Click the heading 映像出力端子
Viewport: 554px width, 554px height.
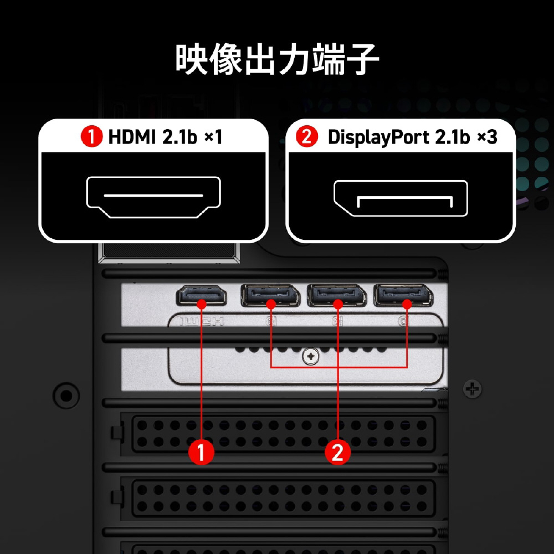(277, 59)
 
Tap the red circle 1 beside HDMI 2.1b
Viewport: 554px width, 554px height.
(91, 137)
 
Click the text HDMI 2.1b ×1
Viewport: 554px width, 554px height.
(165, 137)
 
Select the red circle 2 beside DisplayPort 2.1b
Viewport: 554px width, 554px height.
(306, 137)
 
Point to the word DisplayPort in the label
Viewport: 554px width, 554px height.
(379, 137)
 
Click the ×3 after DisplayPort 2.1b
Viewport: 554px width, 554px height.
(487, 137)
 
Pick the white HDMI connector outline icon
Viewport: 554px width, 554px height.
(153, 197)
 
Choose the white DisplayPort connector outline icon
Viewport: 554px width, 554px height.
(401, 198)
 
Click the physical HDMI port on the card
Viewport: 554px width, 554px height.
(202, 295)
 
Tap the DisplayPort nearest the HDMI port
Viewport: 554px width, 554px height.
(270, 295)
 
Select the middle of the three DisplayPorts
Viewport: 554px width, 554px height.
(337, 295)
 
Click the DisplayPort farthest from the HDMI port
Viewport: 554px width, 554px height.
(403, 295)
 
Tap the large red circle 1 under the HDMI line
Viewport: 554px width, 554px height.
(201, 452)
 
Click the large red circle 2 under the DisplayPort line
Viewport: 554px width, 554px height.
(338, 452)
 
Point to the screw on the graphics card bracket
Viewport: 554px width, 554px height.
(311, 357)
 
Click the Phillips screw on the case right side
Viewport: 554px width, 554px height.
(473, 389)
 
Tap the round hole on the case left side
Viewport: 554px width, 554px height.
(66, 396)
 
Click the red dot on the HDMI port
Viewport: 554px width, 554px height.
(202, 304)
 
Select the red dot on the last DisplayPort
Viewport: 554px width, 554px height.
(407, 304)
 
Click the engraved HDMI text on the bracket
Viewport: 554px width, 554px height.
(202, 322)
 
